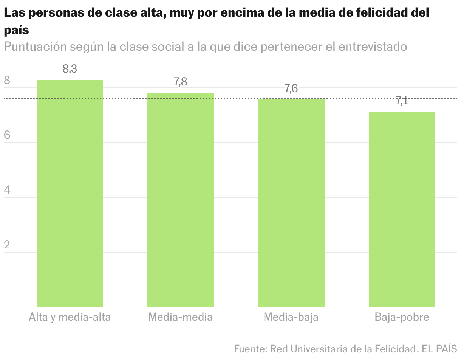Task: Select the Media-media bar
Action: pos(181,200)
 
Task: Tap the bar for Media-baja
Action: pos(291,203)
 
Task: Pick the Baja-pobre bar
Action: pos(402,209)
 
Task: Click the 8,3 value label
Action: pos(70,69)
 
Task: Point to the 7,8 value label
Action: pos(181,82)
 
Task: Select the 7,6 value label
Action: pos(291,89)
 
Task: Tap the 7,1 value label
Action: pos(402,101)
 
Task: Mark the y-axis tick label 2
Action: pos(7,245)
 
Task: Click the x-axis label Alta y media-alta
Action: pos(70,317)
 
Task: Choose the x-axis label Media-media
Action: pos(181,317)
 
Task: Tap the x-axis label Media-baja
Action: pos(291,317)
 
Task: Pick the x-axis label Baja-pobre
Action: pos(402,317)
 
